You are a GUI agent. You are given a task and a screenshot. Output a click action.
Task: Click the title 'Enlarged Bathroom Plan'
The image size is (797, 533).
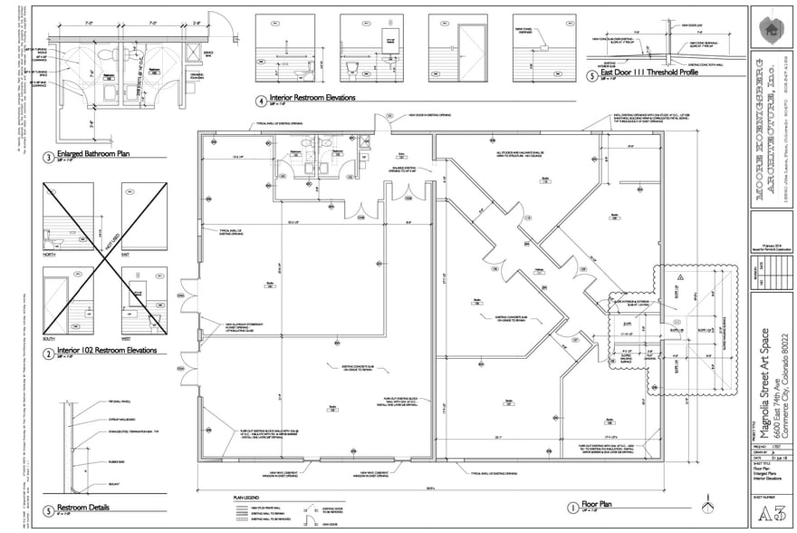pos(94,154)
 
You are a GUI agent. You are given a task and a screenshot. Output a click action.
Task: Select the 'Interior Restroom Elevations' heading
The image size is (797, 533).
pos(312,97)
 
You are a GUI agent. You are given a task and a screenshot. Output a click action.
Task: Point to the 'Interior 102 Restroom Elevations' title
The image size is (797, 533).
pos(107,349)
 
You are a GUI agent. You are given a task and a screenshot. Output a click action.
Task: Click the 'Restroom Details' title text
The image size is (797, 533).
pos(83,508)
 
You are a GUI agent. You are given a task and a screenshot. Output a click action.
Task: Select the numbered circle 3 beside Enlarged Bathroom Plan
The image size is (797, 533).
pos(48,157)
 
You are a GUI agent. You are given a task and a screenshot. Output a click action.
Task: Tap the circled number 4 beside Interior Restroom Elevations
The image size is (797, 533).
pos(261,100)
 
